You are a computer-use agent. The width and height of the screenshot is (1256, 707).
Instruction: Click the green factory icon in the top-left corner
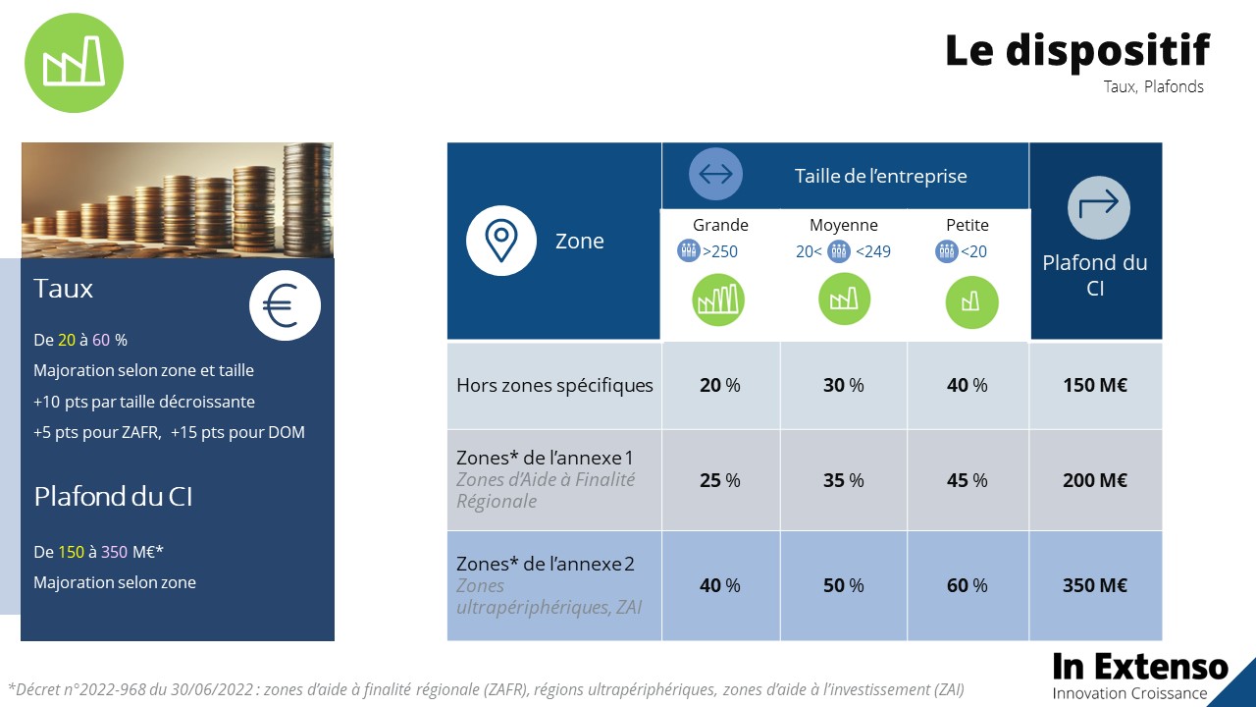pyautogui.click(x=74, y=63)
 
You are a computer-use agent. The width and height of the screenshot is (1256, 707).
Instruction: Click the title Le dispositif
pyautogui.click(x=1077, y=50)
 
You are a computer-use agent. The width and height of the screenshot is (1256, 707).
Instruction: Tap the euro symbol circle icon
pyautogui.click(x=285, y=305)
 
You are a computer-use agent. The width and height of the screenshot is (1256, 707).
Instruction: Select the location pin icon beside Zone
pyautogui.click(x=501, y=241)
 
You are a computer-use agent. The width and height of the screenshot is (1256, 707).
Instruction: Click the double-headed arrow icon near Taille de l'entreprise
pyautogui.click(x=715, y=175)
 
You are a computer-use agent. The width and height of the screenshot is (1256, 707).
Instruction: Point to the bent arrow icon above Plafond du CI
pyautogui.click(x=1098, y=206)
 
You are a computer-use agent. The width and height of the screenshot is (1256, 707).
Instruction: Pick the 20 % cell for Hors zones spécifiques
pyautogui.click(x=720, y=385)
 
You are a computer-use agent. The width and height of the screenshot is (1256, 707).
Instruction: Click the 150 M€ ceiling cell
pyautogui.click(x=1095, y=385)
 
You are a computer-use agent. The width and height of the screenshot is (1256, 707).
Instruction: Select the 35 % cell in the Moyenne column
pyautogui.click(x=844, y=480)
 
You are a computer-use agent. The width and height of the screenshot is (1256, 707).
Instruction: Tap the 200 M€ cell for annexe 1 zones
pyautogui.click(x=1095, y=480)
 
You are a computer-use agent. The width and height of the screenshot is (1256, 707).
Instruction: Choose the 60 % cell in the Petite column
pyautogui.click(x=968, y=585)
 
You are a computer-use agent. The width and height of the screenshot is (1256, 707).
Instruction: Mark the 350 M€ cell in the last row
pyautogui.click(x=1095, y=585)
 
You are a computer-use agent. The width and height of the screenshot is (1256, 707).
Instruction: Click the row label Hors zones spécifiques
pyautogui.click(x=554, y=385)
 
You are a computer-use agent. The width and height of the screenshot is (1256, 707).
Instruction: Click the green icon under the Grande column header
pyautogui.click(x=718, y=299)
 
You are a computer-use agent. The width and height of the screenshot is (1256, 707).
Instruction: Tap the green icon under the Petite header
pyautogui.click(x=971, y=302)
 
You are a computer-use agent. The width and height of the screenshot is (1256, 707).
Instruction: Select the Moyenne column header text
pyautogui.click(x=844, y=225)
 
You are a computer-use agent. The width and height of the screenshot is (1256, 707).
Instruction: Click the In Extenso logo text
pyautogui.click(x=1140, y=668)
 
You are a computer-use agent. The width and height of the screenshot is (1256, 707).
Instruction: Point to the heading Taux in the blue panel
pyautogui.click(x=64, y=289)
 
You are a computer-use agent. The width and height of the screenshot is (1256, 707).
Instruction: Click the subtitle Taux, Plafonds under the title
pyautogui.click(x=1153, y=86)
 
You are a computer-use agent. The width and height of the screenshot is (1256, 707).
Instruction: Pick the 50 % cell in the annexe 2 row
pyautogui.click(x=844, y=585)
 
